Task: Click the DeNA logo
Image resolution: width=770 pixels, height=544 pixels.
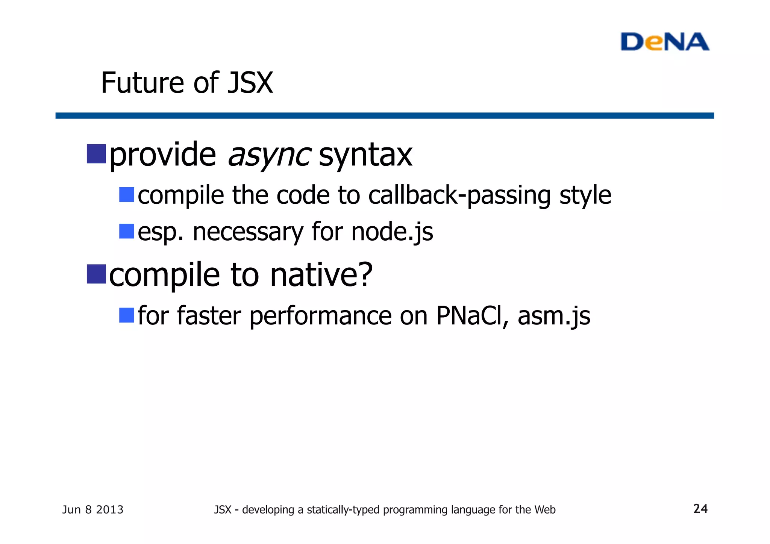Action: coord(664,42)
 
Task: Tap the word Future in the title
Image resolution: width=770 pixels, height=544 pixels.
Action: coord(143,83)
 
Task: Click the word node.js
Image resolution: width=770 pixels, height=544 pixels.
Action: coord(392,232)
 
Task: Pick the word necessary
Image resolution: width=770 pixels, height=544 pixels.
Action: coord(248,232)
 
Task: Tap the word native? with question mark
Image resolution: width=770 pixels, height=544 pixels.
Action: coord(321,275)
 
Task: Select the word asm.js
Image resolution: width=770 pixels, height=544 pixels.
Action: coord(554,315)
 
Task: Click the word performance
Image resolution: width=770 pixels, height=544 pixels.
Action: coord(320,315)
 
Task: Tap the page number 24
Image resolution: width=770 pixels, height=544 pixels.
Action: coord(700,509)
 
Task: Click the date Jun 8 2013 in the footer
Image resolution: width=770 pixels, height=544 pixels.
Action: coord(92,510)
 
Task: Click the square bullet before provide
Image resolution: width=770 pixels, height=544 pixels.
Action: coord(96,154)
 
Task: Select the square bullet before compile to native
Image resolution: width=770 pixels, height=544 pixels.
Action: coord(96,274)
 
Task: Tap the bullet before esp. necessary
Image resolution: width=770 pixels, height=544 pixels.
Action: coord(127,231)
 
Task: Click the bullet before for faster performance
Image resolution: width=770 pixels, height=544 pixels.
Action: coord(127,315)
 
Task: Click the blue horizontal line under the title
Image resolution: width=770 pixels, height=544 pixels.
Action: coord(384,115)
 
